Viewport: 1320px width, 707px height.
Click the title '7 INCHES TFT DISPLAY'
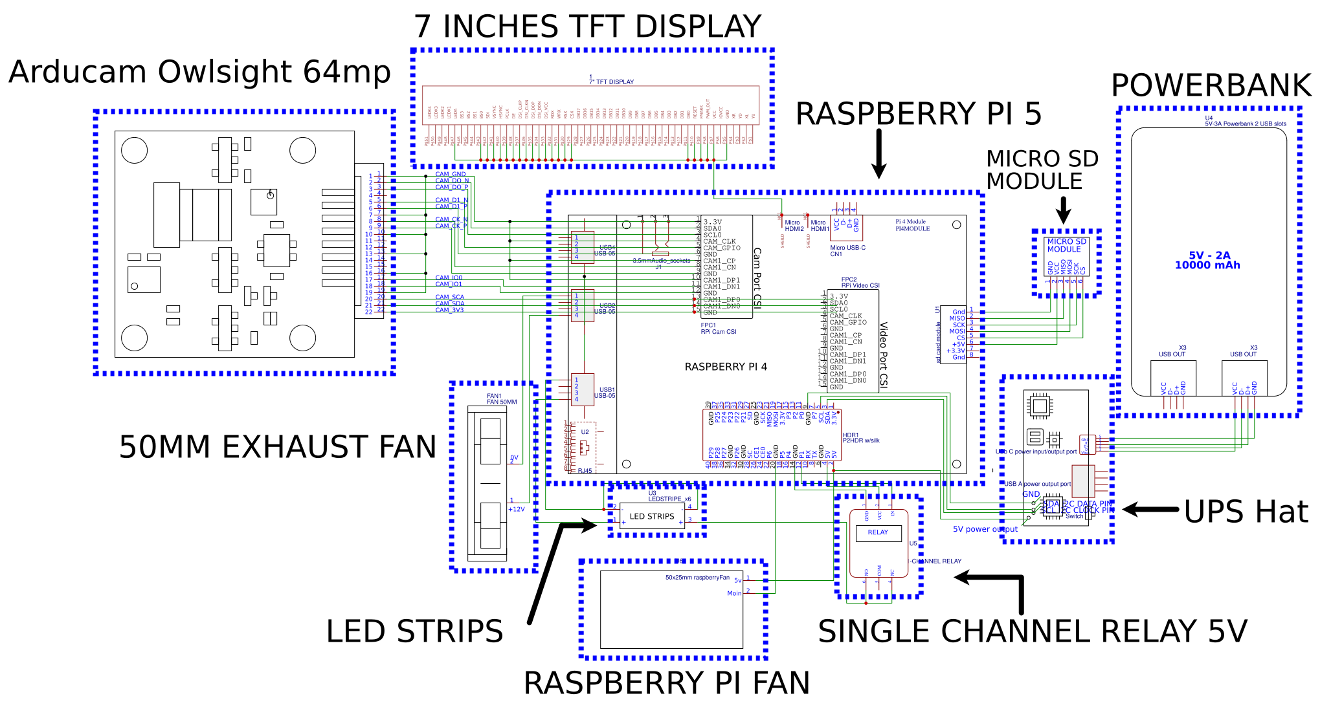[587, 27]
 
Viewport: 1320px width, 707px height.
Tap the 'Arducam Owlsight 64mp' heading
[199, 72]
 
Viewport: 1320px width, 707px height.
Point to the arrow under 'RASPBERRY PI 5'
[878, 153]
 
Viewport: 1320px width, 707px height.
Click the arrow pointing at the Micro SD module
[1063, 210]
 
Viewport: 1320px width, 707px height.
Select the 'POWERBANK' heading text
[1211, 85]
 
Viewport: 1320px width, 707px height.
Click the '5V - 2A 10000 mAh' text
[1207, 260]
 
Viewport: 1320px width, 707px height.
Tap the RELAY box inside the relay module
[878, 532]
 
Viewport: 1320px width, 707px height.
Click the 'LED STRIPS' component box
[652, 516]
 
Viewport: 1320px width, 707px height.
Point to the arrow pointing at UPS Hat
[1150, 510]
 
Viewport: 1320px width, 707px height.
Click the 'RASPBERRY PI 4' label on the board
[726, 367]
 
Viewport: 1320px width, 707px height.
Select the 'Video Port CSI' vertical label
[884, 354]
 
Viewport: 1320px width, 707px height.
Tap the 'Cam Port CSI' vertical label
[757, 278]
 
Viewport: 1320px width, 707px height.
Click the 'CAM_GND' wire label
[451, 174]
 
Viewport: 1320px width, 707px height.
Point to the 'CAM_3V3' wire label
[449, 310]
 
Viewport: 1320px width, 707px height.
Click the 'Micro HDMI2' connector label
[794, 225]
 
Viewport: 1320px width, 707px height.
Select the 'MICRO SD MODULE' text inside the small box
[1067, 245]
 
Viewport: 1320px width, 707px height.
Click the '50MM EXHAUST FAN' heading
[278, 447]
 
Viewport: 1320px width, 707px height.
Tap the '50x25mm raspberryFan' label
[697, 578]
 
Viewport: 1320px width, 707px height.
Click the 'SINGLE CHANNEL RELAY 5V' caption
[1032, 631]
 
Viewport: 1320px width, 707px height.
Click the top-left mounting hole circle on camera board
[135, 151]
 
